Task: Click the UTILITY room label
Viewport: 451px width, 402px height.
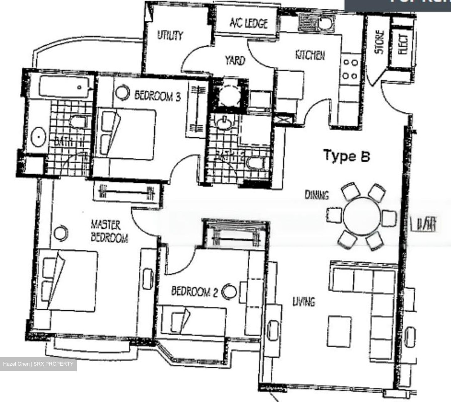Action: click(x=170, y=35)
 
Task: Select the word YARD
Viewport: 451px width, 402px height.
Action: click(x=235, y=60)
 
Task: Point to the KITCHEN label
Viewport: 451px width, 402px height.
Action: click(x=310, y=55)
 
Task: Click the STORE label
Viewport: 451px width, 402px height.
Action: click(x=379, y=42)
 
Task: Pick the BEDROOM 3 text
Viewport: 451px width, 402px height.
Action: click(x=158, y=95)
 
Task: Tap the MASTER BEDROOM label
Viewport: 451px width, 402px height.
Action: click(x=109, y=231)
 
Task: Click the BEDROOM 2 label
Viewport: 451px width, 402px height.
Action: click(x=194, y=292)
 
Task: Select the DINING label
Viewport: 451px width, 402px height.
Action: click(x=317, y=195)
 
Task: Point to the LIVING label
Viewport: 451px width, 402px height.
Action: click(x=303, y=302)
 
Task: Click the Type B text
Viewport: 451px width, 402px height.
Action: click(x=346, y=156)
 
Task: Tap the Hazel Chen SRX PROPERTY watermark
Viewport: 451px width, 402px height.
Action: click(x=38, y=364)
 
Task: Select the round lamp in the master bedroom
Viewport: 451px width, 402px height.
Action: click(x=61, y=232)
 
